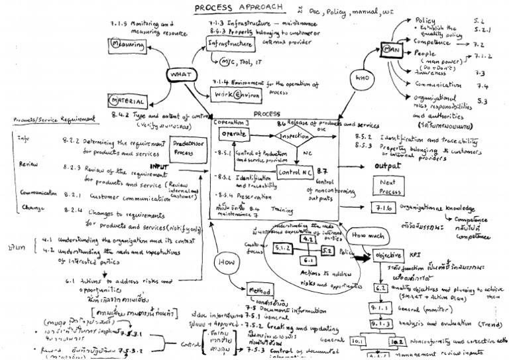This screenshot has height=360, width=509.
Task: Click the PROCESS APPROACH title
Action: tap(238, 8)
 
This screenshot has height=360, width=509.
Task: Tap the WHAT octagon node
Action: tap(180, 75)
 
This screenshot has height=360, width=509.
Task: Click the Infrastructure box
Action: tap(230, 44)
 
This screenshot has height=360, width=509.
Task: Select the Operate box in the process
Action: tap(233, 133)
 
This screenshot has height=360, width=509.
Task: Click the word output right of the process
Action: tap(388, 165)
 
